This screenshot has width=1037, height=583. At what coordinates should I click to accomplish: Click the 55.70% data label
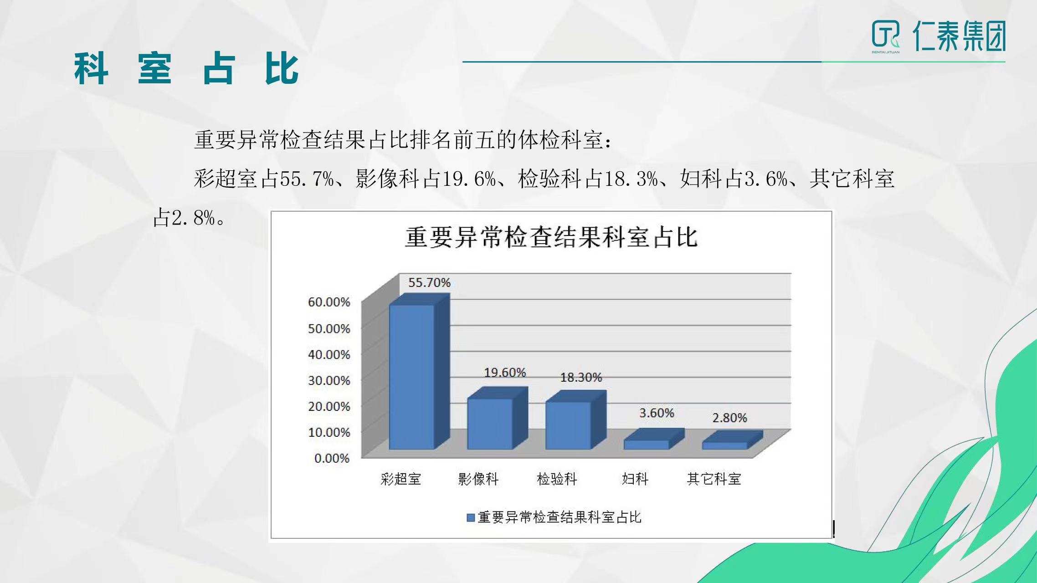429,283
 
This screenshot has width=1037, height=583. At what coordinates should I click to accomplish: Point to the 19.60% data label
505,373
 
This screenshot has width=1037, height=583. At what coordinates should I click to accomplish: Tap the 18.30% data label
581,377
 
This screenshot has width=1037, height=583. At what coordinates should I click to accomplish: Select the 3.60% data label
657,413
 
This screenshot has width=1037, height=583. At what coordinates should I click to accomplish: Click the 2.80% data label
729,418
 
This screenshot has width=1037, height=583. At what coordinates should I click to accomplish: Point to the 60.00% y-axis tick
329,302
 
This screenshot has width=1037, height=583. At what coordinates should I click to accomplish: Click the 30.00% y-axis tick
329,380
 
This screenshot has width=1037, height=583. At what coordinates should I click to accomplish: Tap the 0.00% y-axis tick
332,458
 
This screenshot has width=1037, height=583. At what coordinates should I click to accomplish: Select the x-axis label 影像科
478,479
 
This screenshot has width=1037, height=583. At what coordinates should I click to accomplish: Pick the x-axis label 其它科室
714,479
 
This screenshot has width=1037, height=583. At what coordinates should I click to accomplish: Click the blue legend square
471,518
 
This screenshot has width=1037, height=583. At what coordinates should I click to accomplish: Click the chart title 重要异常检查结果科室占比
551,237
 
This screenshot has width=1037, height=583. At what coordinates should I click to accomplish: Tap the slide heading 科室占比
187,69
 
